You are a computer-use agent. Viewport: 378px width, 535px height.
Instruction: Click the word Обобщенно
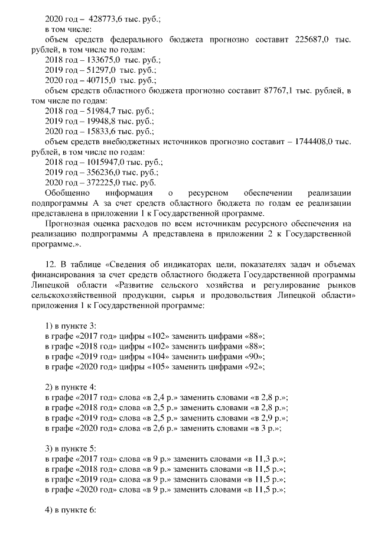[x=67, y=193]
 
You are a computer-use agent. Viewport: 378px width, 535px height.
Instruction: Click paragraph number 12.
[x=51, y=265]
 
